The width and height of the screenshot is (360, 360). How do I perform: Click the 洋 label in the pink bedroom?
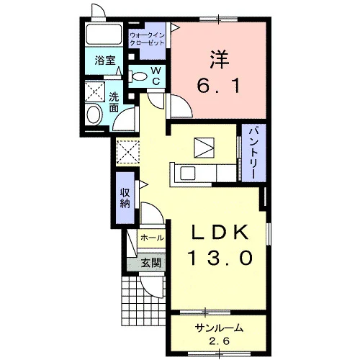pyautogui.click(x=220, y=60)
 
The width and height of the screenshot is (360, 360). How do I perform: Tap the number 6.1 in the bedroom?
pyautogui.click(x=219, y=86)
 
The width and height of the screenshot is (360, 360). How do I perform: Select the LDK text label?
pyautogui.click(x=220, y=233)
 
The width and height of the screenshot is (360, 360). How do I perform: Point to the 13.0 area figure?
pyautogui.click(x=221, y=258)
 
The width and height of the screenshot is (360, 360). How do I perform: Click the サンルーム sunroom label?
pyautogui.click(x=219, y=328)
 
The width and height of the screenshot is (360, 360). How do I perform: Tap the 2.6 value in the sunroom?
pyautogui.click(x=220, y=341)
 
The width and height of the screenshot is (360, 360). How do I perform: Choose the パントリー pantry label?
pyautogui.click(x=253, y=153)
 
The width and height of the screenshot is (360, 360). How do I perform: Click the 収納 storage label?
pyautogui.click(x=125, y=198)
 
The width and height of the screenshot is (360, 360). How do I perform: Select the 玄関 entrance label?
pyautogui.click(x=150, y=264)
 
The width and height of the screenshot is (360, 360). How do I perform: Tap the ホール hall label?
pyautogui.click(x=152, y=238)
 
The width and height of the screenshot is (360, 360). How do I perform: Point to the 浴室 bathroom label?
pyautogui.click(x=105, y=60)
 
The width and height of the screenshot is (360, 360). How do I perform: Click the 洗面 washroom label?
pyautogui.click(x=114, y=102)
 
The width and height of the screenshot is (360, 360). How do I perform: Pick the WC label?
pyautogui.click(x=156, y=76)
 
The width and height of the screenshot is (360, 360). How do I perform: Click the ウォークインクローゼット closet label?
pyautogui.click(x=147, y=39)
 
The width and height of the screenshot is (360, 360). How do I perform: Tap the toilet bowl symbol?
pyautogui.click(x=138, y=76)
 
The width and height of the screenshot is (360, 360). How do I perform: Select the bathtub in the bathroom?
pyautogui.click(x=104, y=35)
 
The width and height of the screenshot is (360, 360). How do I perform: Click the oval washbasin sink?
pyautogui.click(x=94, y=115)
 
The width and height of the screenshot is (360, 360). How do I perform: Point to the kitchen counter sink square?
pyautogui.click(x=188, y=174)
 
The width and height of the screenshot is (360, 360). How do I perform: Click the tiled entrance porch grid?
pyautogui.click(x=143, y=301)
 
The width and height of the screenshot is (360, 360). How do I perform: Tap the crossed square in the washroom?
pyautogui.click(x=95, y=91)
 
